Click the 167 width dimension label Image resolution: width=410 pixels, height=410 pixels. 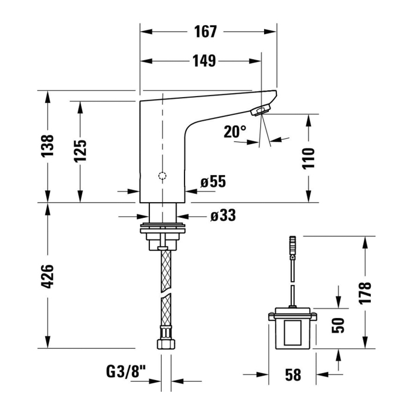coord(205,32)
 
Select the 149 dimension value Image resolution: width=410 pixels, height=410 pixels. coord(204,61)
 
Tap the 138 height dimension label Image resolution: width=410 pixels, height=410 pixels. coord(47,146)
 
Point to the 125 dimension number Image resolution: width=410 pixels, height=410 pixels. coord(80,151)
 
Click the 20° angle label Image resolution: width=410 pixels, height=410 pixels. coord(235,131)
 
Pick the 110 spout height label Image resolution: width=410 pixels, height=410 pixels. coord(309,159)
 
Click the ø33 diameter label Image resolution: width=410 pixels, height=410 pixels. coord(223,216)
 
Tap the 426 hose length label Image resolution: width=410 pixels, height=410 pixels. coord(47,276)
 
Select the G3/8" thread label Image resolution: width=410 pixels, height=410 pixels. coord(126,371)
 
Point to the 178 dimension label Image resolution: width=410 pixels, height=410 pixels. coord(365,293)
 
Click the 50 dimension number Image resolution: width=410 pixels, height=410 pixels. coord(338,325)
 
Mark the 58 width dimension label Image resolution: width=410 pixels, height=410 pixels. coord(293,375)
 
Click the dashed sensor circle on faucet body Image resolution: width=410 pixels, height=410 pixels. coord(162,176)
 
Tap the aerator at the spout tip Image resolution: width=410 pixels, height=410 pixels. coord(260,110)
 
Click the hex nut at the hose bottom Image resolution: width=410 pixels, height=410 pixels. coord(166,344)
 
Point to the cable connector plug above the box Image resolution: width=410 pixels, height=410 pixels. coord(293,245)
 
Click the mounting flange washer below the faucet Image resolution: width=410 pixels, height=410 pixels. coord(163,228)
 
